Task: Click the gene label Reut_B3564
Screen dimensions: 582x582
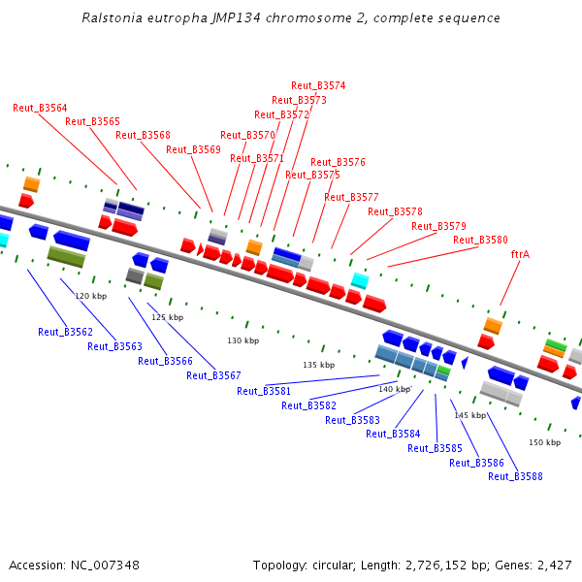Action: pyautogui.click(x=40, y=108)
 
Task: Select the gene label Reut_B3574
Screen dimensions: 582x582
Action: pyautogui.click(x=318, y=85)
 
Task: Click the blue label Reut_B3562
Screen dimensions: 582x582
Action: pyautogui.click(x=65, y=332)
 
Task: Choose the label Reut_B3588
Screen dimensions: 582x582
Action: pyautogui.click(x=515, y=476)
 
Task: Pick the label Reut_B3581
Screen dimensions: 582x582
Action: pyautogui.click(x=264, y=391)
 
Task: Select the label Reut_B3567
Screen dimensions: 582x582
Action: pyautogui.click(x=213, y=375)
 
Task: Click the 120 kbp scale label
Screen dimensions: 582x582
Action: pyautogui.click(x=90, y=296)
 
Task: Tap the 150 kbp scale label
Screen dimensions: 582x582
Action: pyautogui.click(x=544, y=442)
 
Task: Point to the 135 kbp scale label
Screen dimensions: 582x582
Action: pyautogui.click(x=318, y=365)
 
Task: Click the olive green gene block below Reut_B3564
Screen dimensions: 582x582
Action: pyautogui.click(x=66, y=256)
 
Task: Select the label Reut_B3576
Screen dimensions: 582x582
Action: pyautogui.click(x=338, y=162)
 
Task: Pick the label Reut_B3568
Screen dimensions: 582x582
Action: pyautogui.click(x=143, y=135)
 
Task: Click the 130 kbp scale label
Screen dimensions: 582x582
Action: pyautogui.click(x=243, y=340)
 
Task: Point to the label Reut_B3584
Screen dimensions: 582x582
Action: pyautogui.click(x=393, y=434)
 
